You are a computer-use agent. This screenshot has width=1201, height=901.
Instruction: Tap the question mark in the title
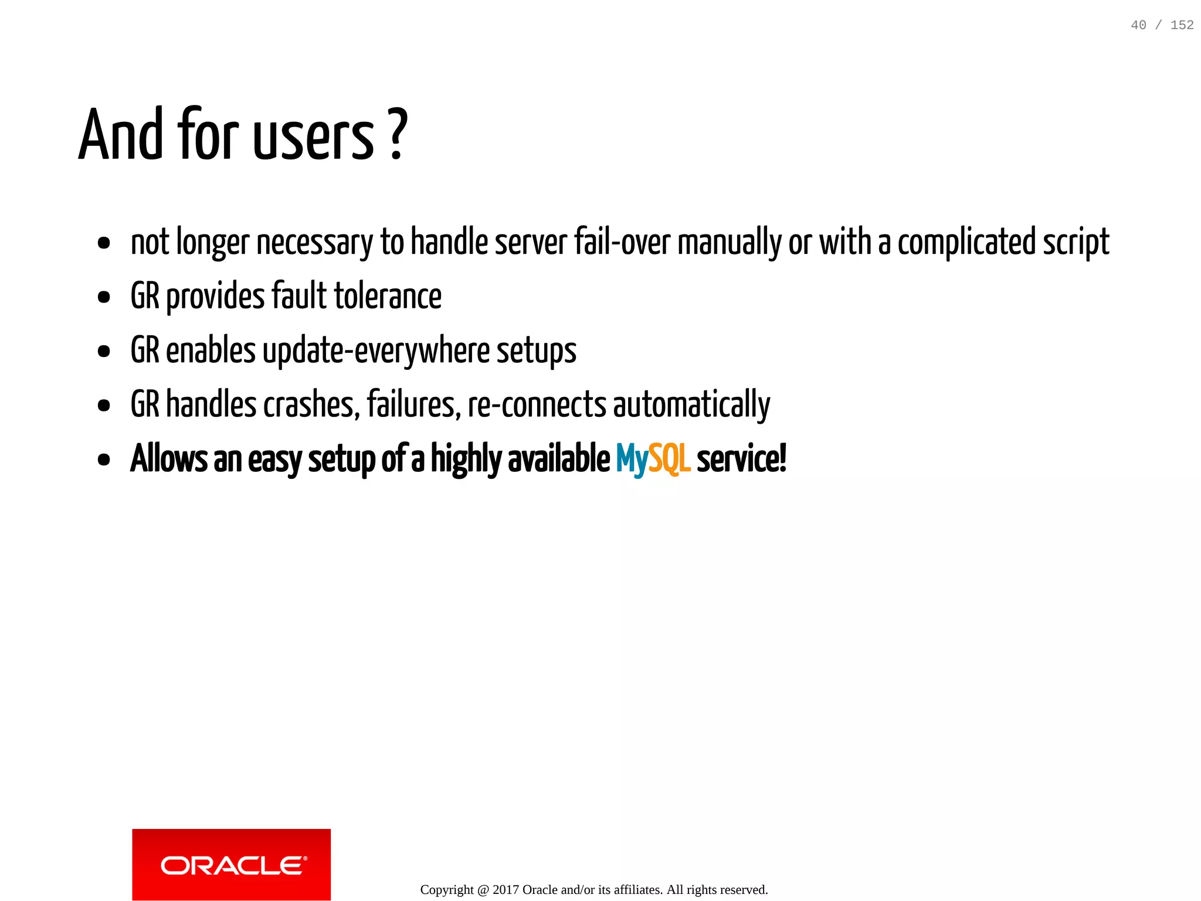pos(398,135)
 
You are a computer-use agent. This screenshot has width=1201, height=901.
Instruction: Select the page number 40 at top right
pos(1138,25)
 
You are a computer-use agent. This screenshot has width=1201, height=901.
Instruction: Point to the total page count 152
pos(1182,25)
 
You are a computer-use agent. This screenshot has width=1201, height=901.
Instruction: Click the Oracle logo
pos(231,864)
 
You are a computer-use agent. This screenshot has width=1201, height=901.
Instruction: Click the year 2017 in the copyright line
pos(505,890)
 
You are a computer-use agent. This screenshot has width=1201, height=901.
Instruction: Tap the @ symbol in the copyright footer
pos(483,890)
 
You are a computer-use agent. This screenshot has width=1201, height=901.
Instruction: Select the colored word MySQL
pos(653,460)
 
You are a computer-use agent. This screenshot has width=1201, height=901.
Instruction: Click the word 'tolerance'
pos(388,296)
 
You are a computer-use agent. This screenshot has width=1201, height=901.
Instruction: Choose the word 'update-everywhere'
pos(376,351)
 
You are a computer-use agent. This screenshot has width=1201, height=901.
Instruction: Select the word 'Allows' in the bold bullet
pos(169,459)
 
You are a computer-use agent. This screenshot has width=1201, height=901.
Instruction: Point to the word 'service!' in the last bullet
pos(741,459)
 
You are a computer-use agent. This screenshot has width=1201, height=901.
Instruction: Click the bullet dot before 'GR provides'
pos(104,297)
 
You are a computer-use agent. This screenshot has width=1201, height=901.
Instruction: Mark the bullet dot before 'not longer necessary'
pos(104,243)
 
